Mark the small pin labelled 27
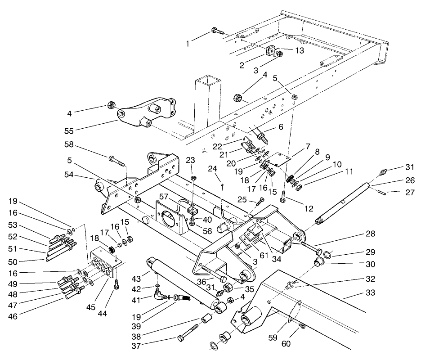click(x=379, y=194)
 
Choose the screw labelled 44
click(x=117, y=285)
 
